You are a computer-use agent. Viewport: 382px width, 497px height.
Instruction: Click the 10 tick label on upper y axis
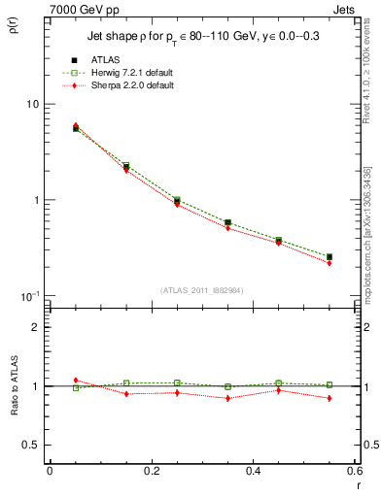31,105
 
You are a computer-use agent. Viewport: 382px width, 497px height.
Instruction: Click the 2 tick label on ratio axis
35,328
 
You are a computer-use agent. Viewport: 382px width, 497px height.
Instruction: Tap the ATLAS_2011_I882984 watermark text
201,290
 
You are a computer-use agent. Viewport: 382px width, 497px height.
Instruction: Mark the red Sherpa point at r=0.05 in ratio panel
76,381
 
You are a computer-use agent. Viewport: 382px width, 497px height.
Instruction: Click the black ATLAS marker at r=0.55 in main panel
329,257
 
